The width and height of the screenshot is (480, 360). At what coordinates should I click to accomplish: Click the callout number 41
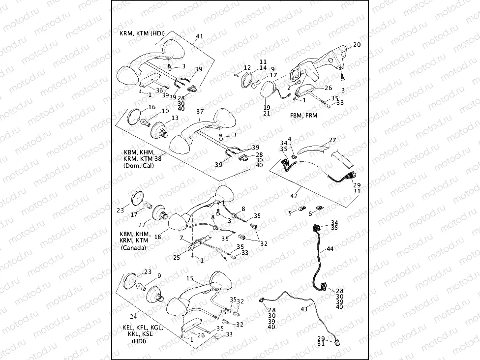199,37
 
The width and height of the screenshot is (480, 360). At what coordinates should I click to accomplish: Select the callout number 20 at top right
357,45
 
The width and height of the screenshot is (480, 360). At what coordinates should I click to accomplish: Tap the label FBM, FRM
303,115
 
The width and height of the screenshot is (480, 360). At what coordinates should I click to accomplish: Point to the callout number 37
200,112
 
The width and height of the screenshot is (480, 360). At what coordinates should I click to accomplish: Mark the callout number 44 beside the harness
330,249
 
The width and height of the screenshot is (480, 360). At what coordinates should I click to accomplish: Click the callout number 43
303,309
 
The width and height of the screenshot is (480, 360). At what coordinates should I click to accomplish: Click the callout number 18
158,237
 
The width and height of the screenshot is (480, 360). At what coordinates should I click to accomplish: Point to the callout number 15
189,278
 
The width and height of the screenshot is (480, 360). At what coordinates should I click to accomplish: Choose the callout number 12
247,67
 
